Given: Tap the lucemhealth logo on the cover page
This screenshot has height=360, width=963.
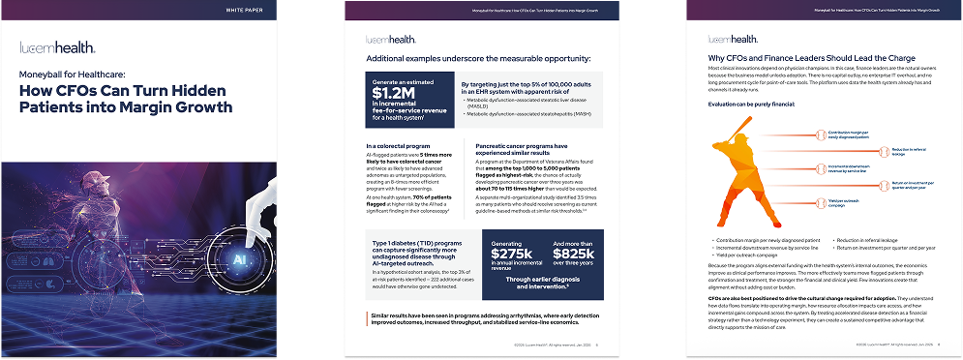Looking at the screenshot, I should (x=58, y=47).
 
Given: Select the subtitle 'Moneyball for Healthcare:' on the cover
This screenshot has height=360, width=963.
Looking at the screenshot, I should (x=80, y=73).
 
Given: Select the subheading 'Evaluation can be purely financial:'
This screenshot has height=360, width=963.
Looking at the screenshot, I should (x=752, y=104).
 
